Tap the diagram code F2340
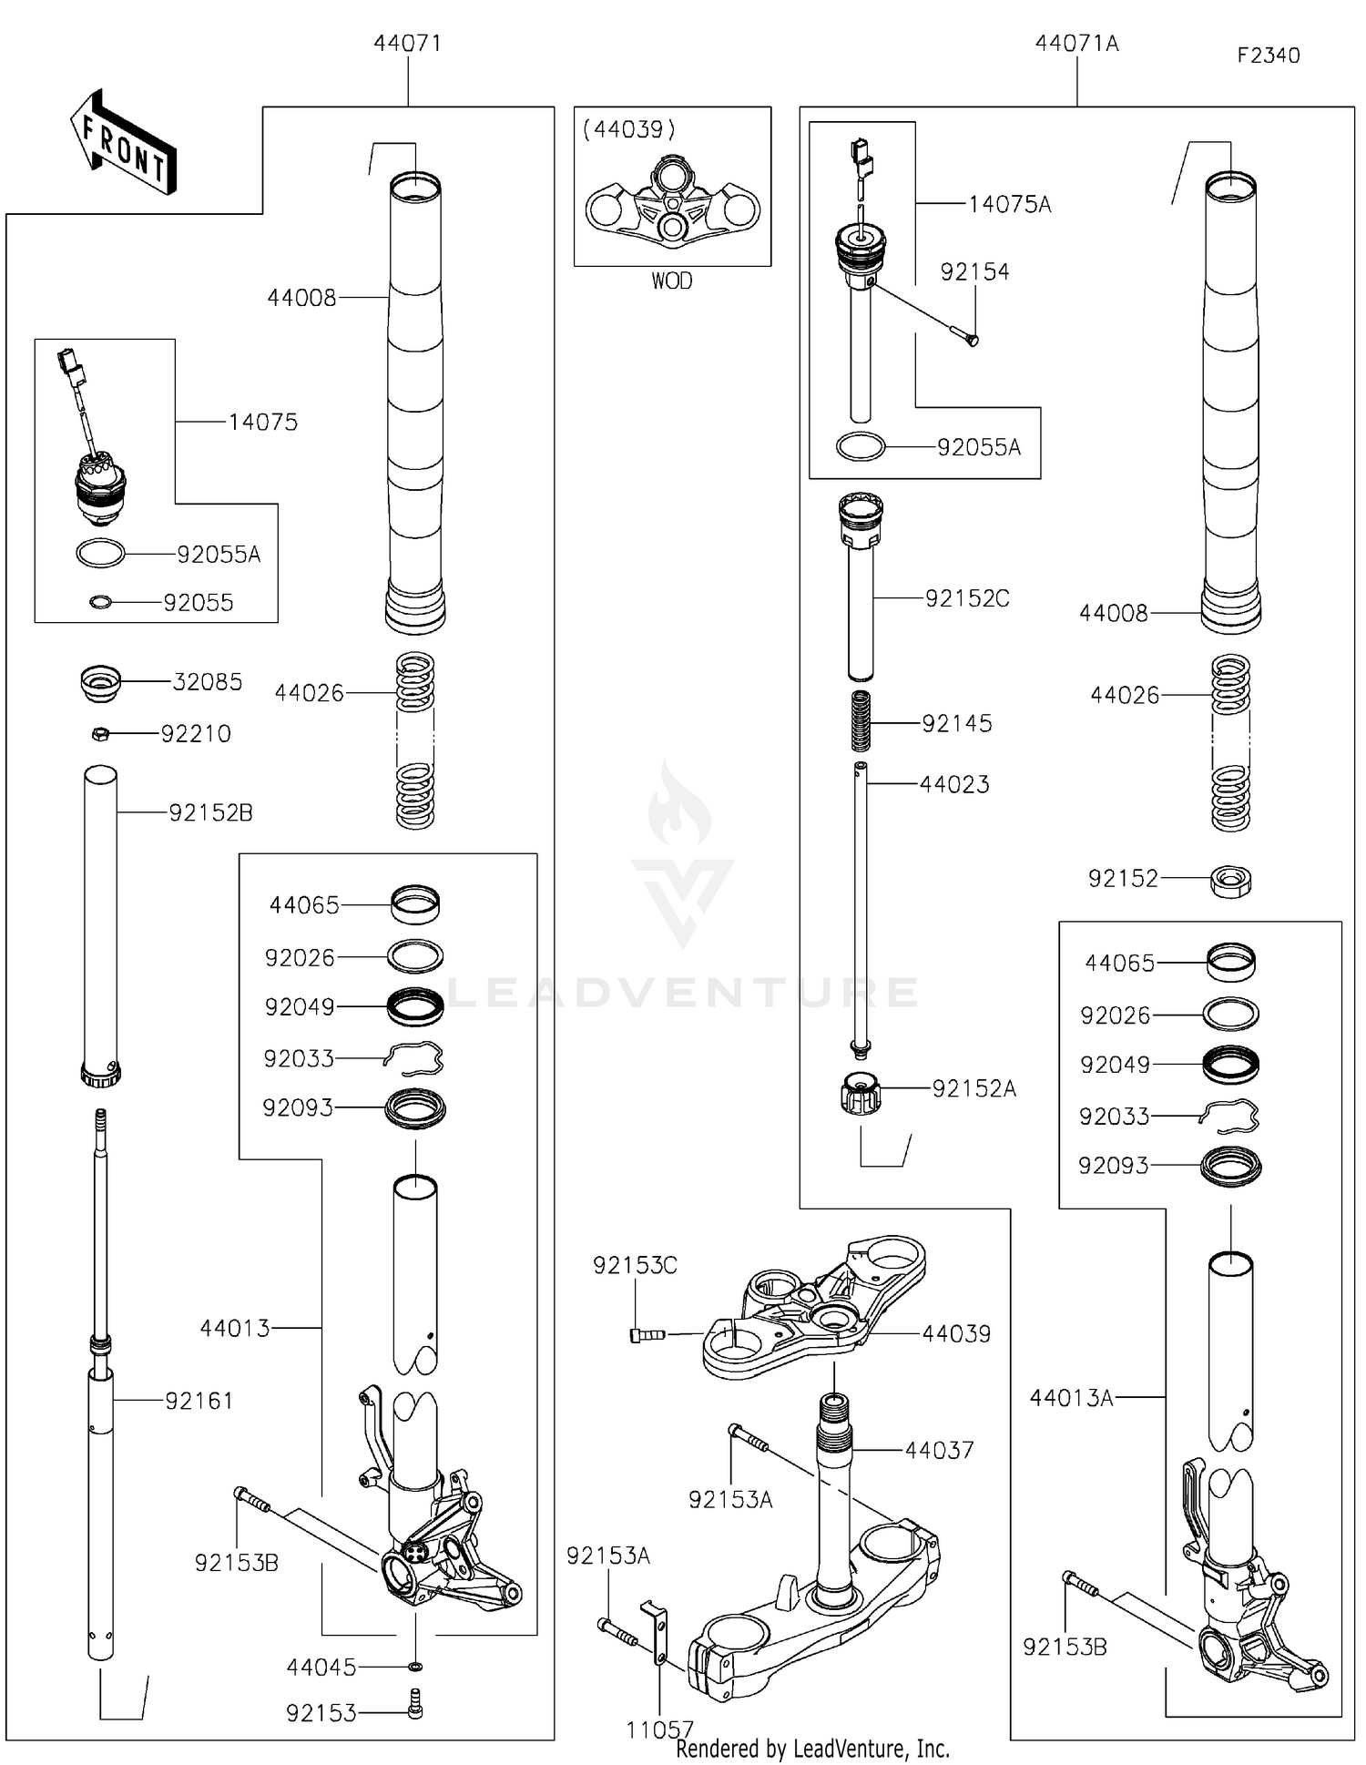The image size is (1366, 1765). click(x=1268, y=56)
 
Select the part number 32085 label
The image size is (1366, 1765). click(x=208, y=682)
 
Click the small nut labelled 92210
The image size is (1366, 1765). click(x=102, y=733)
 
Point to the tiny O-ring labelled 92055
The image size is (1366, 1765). click(x=101, y=602)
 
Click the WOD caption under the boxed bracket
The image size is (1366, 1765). click(x=671, y=281)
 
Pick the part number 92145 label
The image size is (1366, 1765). click(x=956, y=724)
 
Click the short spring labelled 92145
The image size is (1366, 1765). click(x=861, y=722)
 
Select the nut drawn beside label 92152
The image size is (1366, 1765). click(x=1230, y=880)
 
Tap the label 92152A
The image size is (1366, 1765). click(x=974, y=1089)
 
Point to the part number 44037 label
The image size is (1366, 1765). click(x=939, y=1451)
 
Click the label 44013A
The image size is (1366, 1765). click(x=1071, y=1398)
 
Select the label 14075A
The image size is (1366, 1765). click(x=1009, y=205)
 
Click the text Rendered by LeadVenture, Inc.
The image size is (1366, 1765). click(x=812, y=1749)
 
